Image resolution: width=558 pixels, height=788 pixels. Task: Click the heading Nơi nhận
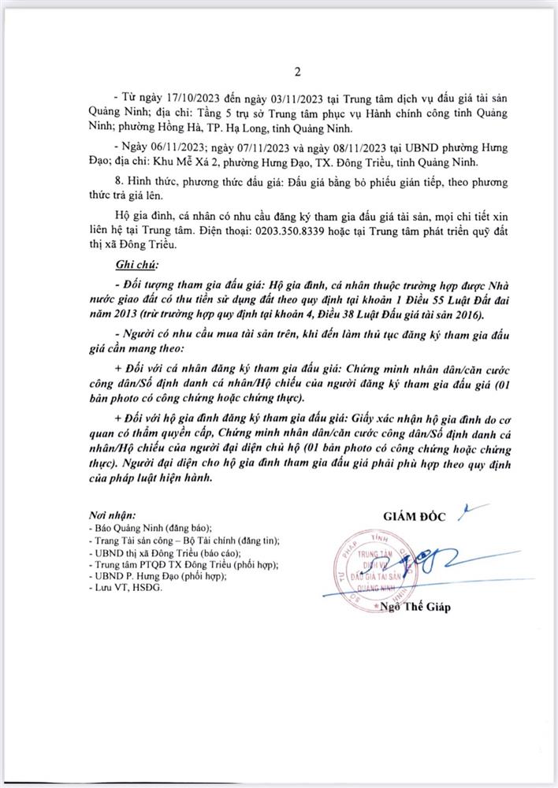coord(113,512)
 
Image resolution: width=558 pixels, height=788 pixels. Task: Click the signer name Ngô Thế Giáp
coord(418,607)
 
